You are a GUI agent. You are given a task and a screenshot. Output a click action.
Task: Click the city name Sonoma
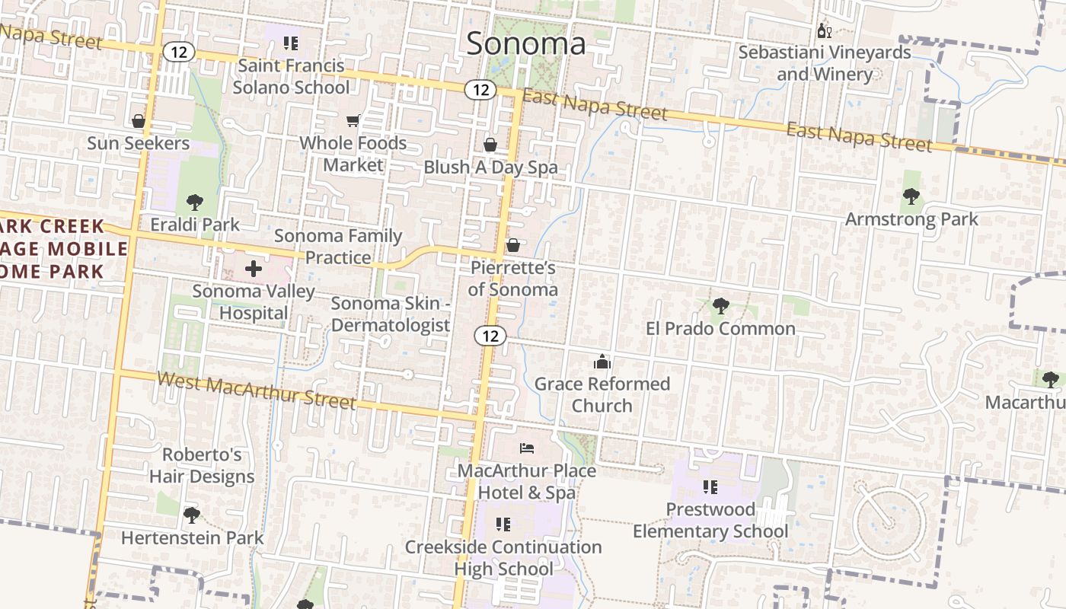pos(526,43)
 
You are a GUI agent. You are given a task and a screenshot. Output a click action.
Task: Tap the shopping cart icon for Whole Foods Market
pos(353,120)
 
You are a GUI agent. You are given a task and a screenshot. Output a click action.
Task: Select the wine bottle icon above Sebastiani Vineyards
pos(823,31)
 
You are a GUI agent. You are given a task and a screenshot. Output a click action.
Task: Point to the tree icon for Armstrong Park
pos(911,197)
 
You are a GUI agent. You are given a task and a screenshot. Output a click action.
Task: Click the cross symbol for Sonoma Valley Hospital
pos(254,269)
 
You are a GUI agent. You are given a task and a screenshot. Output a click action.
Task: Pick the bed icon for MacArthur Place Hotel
pos(527,448)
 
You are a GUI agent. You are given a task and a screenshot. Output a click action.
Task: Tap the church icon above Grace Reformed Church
pos(602,362)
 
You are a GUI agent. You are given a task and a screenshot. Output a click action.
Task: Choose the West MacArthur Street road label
pos(257,390)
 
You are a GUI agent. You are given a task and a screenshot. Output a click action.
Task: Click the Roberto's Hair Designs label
pos(202,465)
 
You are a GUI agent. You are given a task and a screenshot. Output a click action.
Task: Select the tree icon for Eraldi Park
pos(195,202)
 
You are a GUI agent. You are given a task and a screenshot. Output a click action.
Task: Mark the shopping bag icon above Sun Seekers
pos(139,121)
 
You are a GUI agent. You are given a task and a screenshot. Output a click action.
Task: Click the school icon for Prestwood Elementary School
pos(710,486)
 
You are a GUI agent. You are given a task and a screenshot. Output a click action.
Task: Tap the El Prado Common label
pos(720,329)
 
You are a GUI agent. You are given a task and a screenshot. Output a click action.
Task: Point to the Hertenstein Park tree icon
pos(192,515)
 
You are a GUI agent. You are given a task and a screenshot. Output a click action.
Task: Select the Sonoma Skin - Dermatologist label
pos(391,314)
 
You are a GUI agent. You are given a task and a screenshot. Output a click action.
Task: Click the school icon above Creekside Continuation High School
pos(503,524)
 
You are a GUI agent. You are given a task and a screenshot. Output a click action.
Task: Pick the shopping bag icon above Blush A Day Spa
pos(490,145)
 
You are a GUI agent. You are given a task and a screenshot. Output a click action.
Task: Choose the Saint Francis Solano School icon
pos(290,43)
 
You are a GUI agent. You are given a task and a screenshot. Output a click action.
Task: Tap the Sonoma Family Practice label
pos(337,247)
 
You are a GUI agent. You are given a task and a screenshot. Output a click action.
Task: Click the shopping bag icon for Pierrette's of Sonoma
pos(513,245)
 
